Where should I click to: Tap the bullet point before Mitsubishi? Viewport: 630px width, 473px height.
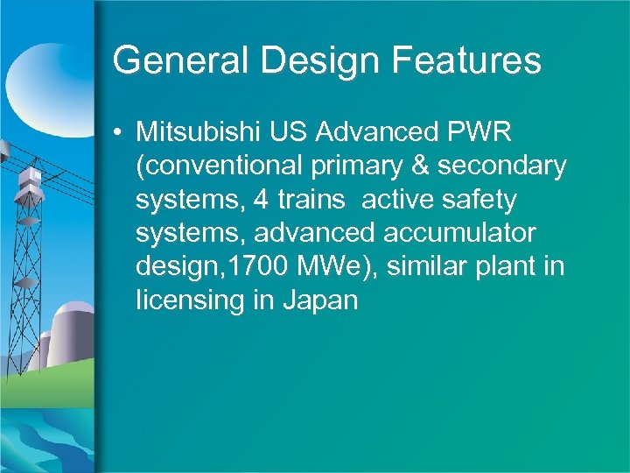[118, 133]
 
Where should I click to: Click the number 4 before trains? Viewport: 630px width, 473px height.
[260, 200]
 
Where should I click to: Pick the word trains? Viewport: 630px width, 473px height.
[311, 200]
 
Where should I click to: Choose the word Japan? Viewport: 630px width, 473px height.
[320, 300]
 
